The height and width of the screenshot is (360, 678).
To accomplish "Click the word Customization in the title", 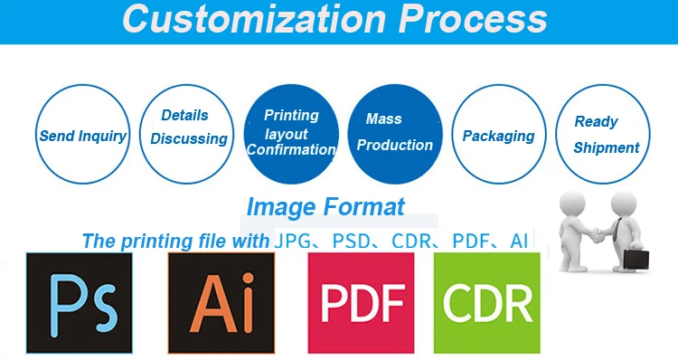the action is click(254, 18).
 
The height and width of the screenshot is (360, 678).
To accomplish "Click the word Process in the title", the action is click(473, 18).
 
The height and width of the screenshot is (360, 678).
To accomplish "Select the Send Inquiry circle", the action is click(82, 134).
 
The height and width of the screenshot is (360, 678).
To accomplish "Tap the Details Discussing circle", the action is click(187, 134).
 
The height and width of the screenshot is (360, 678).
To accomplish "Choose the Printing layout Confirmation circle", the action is click(291, 134).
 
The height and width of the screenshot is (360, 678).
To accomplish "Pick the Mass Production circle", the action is click(395, 134).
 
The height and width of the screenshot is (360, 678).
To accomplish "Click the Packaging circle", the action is click(499, 134).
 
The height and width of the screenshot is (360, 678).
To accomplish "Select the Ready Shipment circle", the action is click(603, 134).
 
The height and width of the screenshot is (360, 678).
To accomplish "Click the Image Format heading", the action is click(325, 207).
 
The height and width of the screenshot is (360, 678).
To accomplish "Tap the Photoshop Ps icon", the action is click(80, 303).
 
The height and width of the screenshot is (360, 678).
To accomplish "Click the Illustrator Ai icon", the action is click(221, 303).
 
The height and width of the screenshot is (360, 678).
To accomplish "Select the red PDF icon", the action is click(361, 303).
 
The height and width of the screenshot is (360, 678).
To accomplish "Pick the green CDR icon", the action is click(487, 303).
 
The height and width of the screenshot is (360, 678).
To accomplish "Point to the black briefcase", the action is click(636, 260).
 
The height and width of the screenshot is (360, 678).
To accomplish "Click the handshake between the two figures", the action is click(598, 236).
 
